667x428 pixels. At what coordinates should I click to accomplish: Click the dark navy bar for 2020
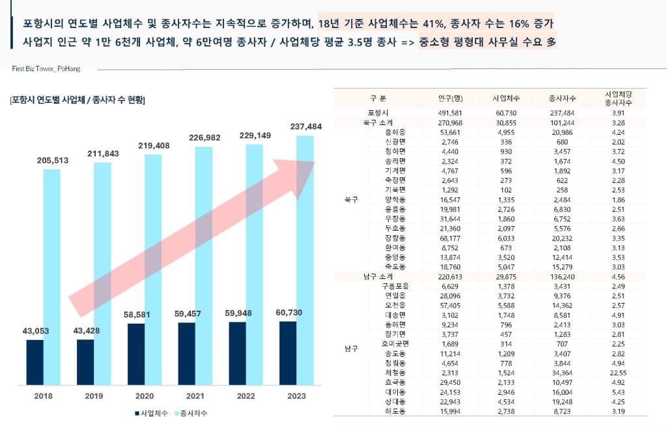coord(136,354)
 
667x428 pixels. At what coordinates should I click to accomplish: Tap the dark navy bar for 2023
coord(288,352)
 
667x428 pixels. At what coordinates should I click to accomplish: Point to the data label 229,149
coord(246,136)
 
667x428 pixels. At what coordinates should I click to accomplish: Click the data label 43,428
coord(86,331)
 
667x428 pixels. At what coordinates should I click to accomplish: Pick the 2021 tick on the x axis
coord(187,396)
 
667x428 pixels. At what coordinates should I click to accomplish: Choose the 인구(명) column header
coord(450,98)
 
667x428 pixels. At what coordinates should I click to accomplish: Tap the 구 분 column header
coord(378,98)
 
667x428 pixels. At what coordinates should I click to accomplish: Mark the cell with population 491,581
coord(450,113)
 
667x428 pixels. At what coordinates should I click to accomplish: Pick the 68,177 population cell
coord(450,239)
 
